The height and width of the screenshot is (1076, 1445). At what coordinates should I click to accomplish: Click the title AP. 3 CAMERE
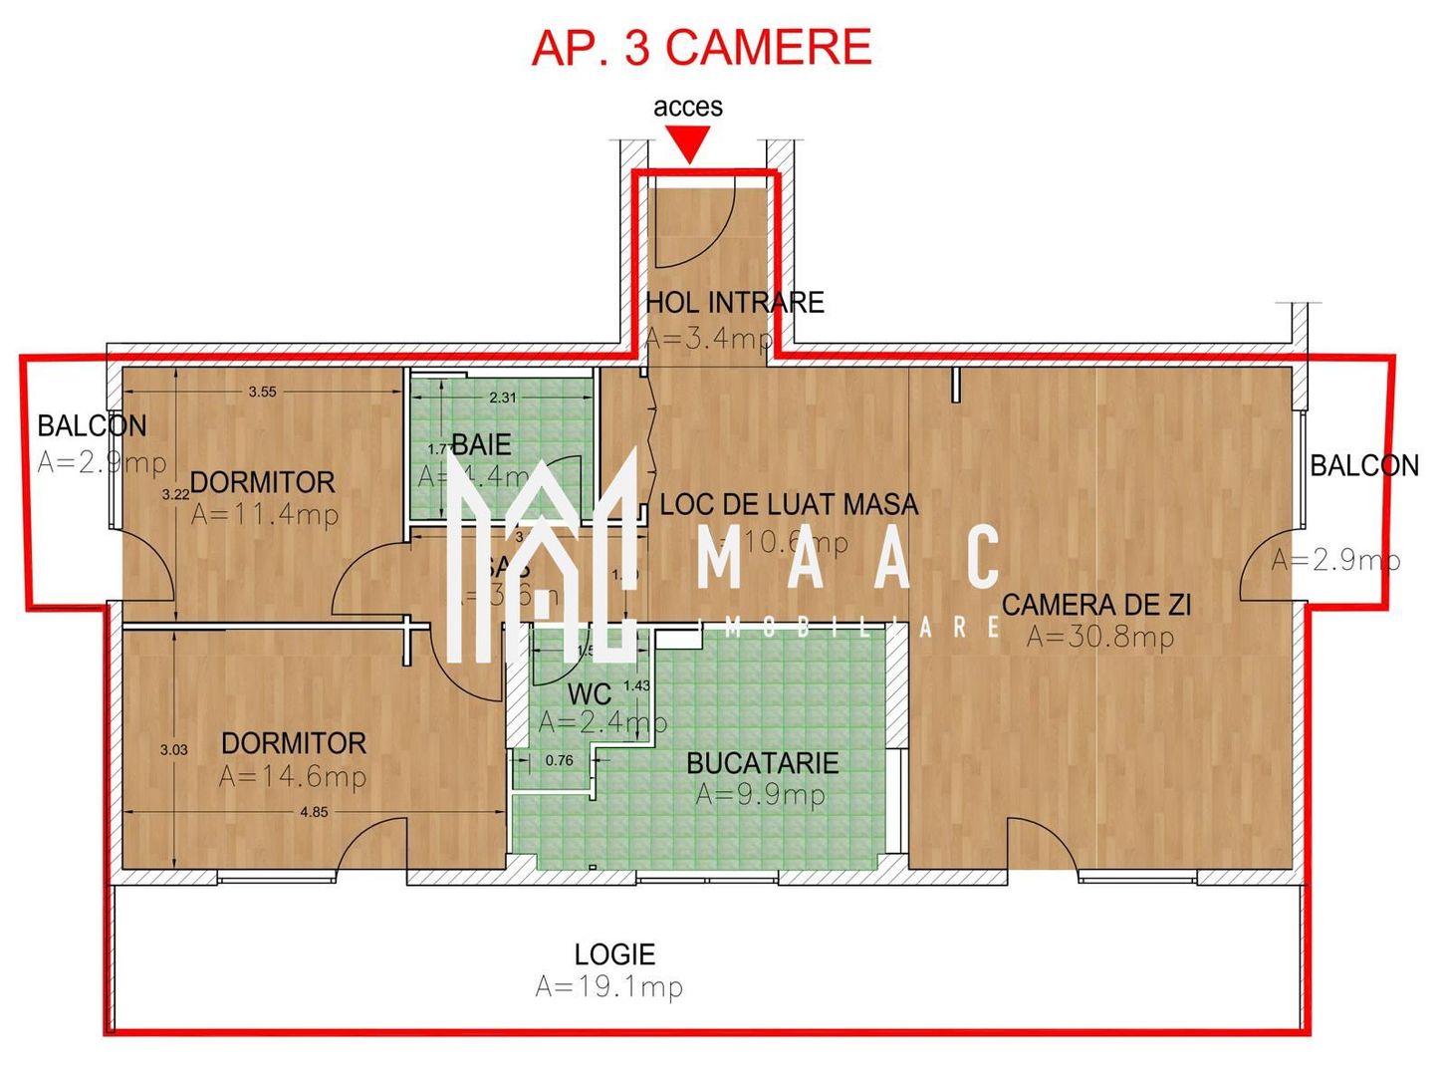pos(701,48)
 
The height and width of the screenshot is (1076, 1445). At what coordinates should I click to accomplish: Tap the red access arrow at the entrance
pos(688,147)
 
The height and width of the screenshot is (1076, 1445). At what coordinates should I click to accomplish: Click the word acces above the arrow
pos(687,107)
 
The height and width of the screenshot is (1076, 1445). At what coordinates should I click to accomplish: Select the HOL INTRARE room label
pos(735,302)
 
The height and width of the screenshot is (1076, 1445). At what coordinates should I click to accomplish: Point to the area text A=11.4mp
pos(265,514)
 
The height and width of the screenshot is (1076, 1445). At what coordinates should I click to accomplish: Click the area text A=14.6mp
pos(293,776)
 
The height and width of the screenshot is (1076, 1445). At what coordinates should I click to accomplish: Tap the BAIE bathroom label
pos(481,444)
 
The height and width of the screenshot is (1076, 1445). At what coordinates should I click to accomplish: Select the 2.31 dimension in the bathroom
pos(503,397)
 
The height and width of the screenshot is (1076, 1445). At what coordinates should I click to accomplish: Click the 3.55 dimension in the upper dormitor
pos(262,392)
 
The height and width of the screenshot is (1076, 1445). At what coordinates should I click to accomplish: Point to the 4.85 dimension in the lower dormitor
pos(314,812)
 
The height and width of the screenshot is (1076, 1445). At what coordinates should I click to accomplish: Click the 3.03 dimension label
pos(173,749)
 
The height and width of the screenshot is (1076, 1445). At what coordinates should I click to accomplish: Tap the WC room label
pos(589,693)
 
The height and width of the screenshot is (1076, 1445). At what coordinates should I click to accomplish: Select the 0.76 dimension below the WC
pos(559,760)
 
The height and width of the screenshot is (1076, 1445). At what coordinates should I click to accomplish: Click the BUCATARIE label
pos(762,763)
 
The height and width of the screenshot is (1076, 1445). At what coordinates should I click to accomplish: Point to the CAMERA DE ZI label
pos(1095,605)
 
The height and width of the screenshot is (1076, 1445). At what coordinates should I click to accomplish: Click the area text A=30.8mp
pos(1100,637)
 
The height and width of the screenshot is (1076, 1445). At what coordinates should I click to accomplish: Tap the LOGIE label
pos(614,954)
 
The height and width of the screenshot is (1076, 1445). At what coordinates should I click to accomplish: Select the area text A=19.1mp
pos(608,987)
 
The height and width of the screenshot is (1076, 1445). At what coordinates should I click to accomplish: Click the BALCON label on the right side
pos(1363,465)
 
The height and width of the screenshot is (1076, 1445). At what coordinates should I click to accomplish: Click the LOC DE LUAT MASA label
pos(789,504)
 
